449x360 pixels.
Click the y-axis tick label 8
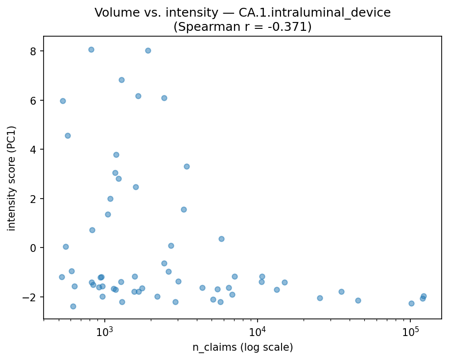pos(33,51)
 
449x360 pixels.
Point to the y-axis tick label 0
pos(33,247)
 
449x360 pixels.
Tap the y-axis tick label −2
pos(31,297)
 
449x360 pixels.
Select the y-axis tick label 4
pos(33,149)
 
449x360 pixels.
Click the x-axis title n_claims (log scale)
pos(242,348)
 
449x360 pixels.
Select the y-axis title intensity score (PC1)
pos(12,178)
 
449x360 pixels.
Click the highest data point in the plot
pos(91,49)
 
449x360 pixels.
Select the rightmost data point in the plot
pos(424,296)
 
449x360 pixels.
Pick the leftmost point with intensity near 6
pos(63,101)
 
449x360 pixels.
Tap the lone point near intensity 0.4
pos(221,239)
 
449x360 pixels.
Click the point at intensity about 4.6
pos(68,135)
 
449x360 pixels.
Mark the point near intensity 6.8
pos(121,80)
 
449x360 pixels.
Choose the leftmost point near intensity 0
pos(66,247)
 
